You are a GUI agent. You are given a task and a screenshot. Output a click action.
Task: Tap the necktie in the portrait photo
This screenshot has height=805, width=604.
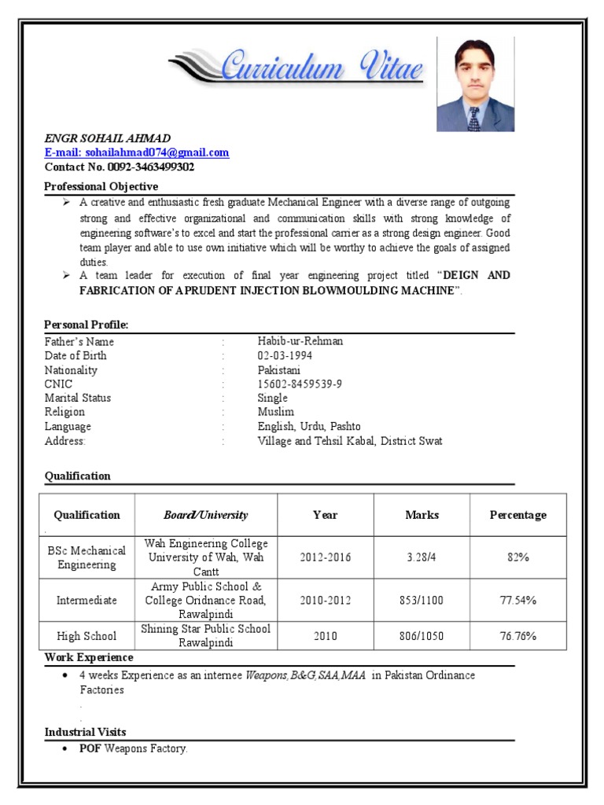473,119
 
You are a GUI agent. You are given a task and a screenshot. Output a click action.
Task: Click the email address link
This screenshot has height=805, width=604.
137,153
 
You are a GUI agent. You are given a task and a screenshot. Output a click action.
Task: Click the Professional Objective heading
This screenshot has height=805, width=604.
101,186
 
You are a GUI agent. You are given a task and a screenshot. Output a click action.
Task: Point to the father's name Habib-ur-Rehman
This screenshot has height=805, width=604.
300,341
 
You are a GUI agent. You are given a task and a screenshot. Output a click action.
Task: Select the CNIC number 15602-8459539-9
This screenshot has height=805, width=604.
300,384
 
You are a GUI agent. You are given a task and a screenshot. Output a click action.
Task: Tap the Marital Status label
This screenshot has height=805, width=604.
78,398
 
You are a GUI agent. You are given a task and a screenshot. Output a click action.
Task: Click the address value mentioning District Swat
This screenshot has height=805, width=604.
350,440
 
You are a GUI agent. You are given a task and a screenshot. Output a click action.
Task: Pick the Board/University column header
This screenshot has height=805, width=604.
205,515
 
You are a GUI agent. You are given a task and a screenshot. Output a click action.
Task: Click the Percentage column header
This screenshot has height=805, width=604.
517,515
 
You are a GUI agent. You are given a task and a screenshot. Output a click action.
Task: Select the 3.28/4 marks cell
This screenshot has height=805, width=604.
422,557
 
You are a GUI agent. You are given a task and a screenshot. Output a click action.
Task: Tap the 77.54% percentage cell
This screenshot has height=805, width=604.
517,600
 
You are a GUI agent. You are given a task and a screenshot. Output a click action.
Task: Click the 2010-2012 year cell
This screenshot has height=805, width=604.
325,600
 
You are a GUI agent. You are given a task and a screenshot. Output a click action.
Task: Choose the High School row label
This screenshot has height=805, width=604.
87,636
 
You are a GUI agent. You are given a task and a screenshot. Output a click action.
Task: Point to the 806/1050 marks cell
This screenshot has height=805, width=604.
422,636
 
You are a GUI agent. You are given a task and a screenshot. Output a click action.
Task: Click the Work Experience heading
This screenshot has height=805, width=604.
89,657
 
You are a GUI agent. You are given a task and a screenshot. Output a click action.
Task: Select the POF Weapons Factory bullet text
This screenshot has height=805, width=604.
133,748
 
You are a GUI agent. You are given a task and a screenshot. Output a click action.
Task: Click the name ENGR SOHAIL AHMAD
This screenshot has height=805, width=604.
107,138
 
